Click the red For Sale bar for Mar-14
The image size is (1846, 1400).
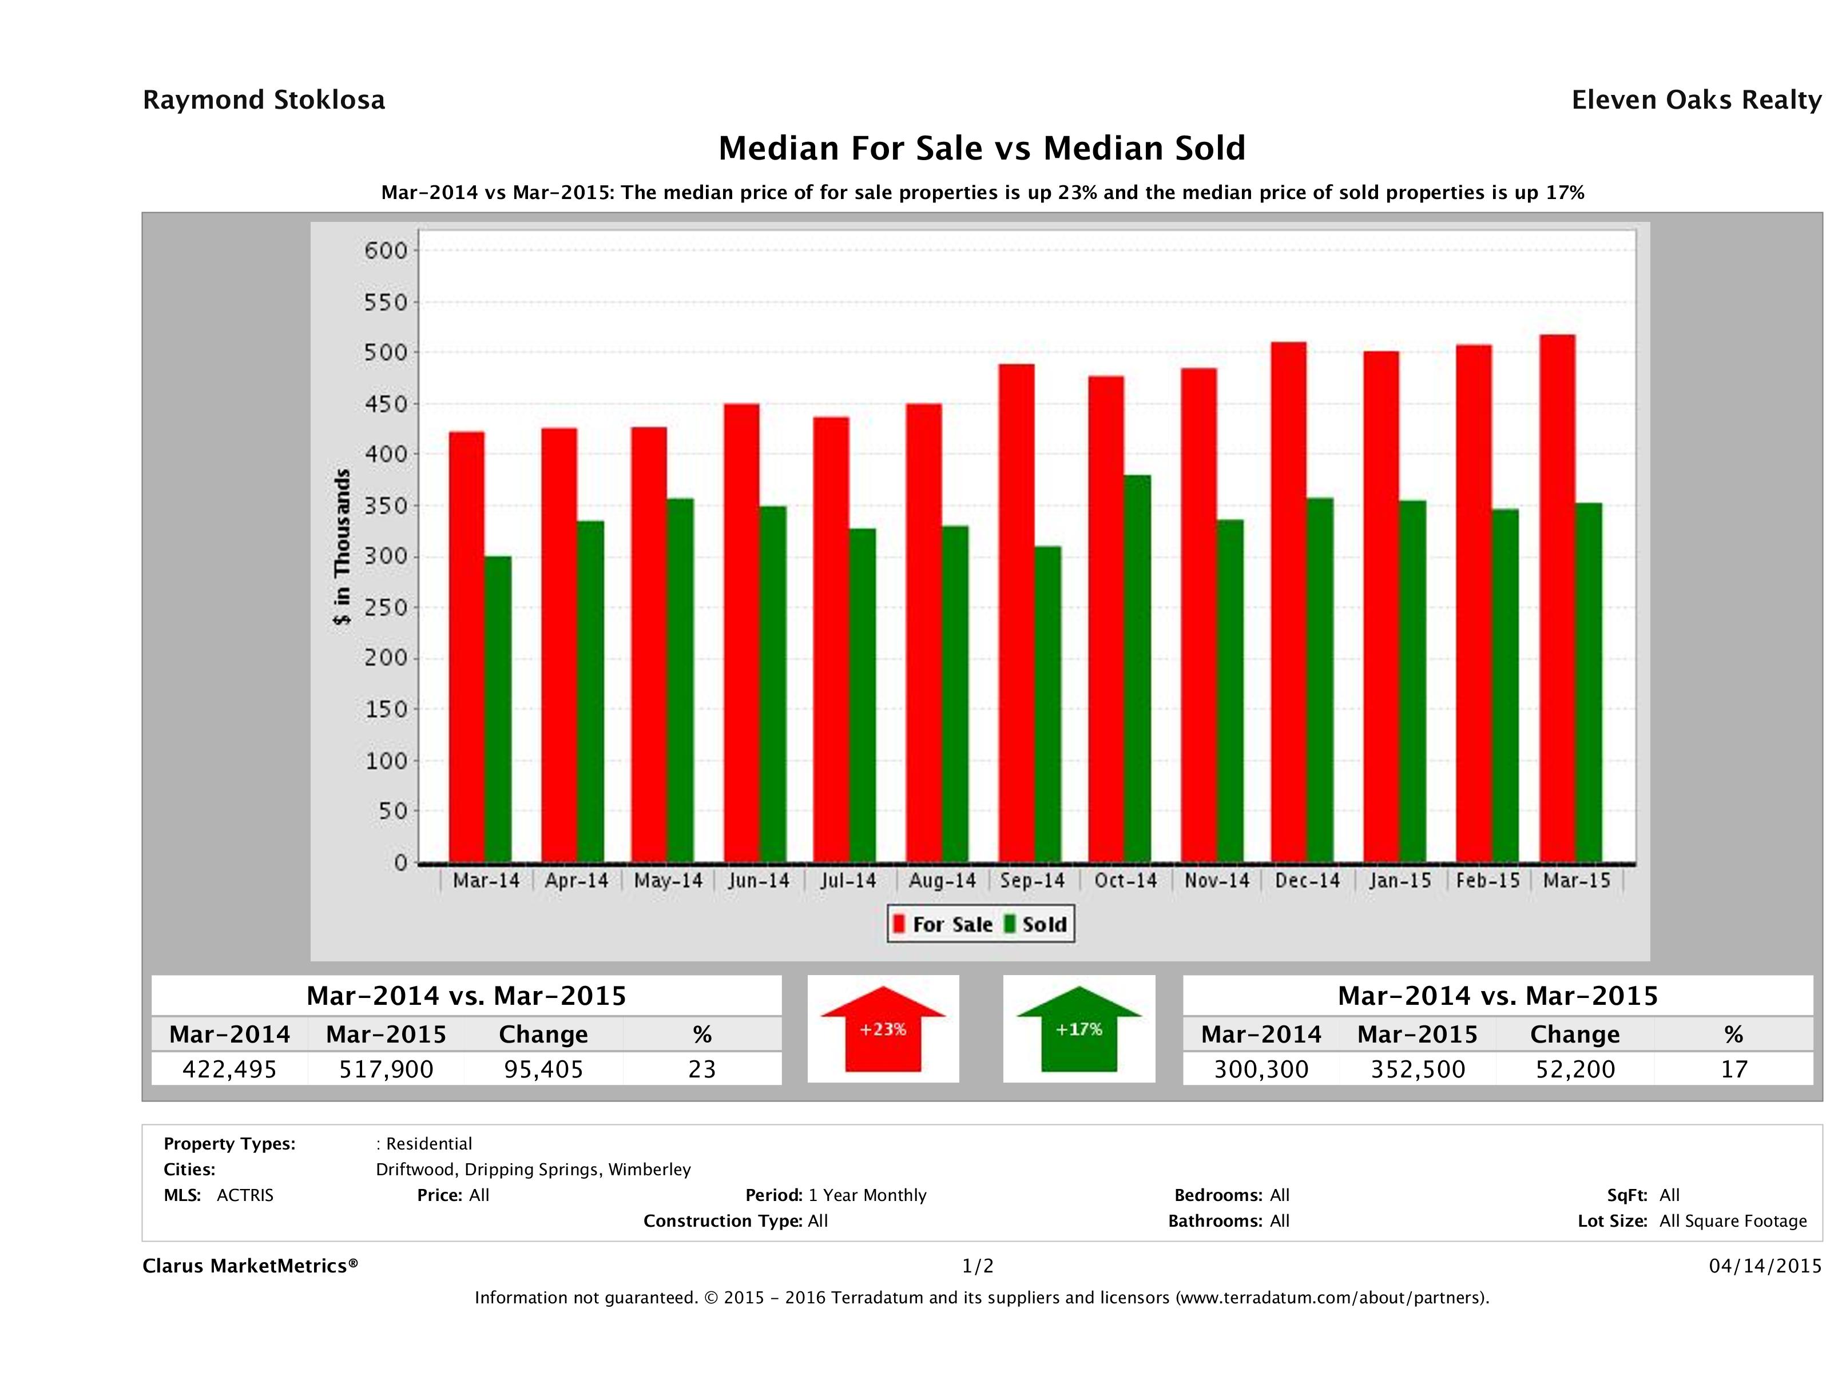467,647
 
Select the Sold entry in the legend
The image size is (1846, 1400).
1035,924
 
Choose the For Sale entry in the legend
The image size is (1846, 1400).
943,924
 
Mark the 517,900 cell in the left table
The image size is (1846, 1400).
386,1069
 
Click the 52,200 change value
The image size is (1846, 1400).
1575,1069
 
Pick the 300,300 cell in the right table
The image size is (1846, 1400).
1261,1069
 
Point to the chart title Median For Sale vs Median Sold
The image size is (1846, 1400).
982,149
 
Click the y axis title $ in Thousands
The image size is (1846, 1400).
342,547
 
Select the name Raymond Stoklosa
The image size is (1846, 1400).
264,100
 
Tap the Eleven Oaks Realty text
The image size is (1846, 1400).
1696,100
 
